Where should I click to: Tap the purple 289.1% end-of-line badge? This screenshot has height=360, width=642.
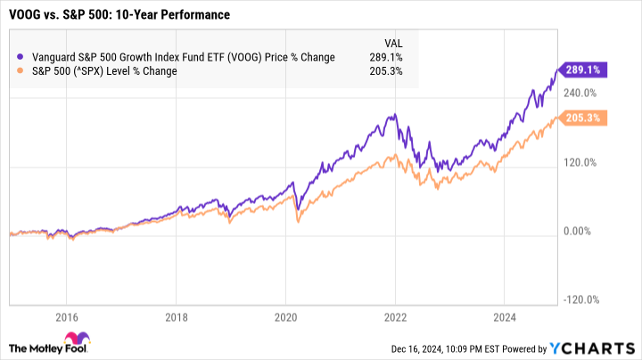[582, 68]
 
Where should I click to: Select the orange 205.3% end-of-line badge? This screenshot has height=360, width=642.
[582, 119]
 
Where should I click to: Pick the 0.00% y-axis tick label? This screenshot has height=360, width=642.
[580, 232]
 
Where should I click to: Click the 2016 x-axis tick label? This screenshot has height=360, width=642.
[67, 316]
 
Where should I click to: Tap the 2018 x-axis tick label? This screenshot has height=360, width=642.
[177, 316]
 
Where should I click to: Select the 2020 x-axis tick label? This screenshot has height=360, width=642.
[285, 316]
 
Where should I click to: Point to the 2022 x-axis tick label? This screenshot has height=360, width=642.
[394, 316]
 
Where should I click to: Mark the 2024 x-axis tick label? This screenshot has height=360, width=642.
[504, 316]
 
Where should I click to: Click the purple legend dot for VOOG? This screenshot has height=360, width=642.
[21, 58]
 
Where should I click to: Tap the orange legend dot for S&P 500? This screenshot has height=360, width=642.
[21, 71]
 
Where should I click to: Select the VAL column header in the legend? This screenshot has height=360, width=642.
[391, 43]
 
